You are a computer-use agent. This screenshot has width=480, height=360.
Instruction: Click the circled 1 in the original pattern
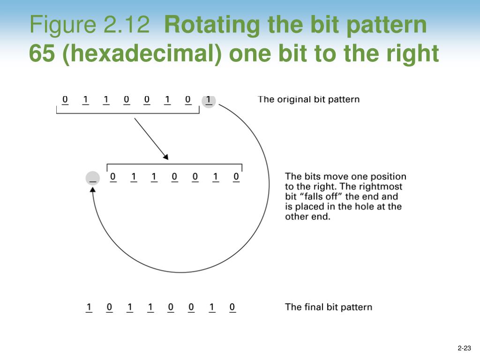click(208, 100)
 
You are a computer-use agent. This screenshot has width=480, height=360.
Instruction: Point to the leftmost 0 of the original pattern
click(65, 99)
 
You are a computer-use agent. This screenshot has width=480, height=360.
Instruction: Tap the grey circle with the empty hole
click(93, 178)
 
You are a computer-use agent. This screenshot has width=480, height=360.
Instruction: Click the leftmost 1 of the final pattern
click(89, 307)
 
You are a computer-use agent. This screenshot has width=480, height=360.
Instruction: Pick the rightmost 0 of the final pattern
click(232, 307)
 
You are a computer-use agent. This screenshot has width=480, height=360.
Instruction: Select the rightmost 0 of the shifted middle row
click(236, 177)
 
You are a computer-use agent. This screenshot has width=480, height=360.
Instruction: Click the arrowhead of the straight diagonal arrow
click(165, 157)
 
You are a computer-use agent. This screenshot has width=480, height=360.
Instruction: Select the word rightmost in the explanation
click(383, 187)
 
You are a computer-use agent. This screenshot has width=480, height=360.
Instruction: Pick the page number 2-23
click(464, 348)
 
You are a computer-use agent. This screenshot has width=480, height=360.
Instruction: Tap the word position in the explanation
click(388, 177)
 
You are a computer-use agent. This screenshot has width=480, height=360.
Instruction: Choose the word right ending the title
click(413, 54)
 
